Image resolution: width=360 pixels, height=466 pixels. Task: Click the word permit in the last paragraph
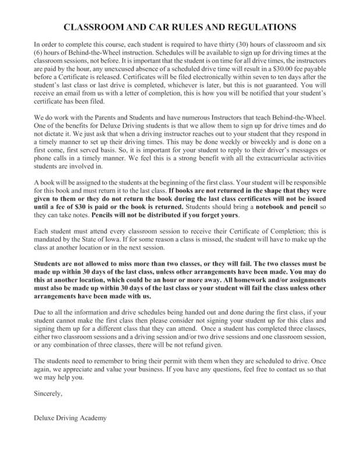(170, 361)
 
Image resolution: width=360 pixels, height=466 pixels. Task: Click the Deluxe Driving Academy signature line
(70, 418)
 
